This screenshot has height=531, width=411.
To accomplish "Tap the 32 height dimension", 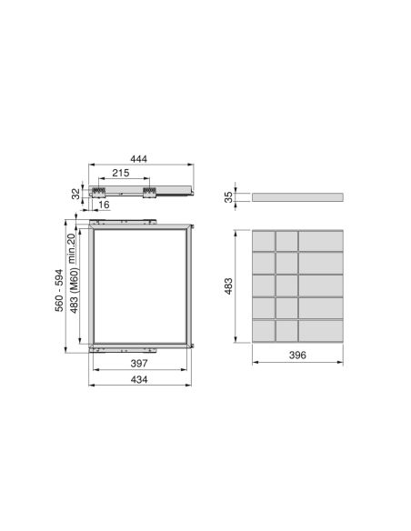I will (77, 192).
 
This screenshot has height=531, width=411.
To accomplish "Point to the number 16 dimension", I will (105, 205).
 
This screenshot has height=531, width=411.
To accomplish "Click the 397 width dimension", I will (140, 364).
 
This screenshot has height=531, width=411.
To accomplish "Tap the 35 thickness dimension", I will (229, 195).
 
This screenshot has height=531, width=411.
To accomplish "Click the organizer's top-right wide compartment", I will (321, 241).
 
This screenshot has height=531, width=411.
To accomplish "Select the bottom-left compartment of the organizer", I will (263, 330).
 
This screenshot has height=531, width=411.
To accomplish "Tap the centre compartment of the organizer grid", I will (286, 285).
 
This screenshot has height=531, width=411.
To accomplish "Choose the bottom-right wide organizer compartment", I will (321, 330).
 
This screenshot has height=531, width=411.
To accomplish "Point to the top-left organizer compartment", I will (263, 241).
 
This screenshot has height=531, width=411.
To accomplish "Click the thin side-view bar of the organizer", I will (298, 195).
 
